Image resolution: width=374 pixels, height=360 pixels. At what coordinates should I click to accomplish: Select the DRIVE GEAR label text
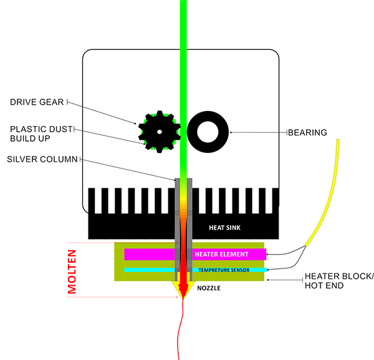(38, 102)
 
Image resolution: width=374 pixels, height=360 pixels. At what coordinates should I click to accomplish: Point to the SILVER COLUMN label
(42, 159)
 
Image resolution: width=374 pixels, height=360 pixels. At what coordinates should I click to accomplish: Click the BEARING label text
(307, 132)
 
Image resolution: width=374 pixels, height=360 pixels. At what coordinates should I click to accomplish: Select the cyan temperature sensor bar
(150, 270)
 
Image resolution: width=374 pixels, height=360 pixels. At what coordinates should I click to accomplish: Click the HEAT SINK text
(223, 228)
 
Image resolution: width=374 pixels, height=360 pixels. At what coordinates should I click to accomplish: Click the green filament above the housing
(183, 25)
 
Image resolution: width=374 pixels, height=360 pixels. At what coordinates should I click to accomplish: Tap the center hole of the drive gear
(160, 132)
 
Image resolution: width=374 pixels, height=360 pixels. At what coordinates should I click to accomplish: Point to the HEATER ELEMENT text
(221, 255)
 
